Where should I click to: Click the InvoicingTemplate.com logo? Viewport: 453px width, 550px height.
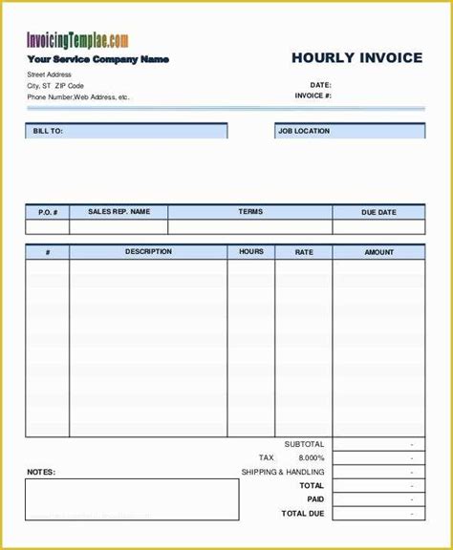[x=76, y=40]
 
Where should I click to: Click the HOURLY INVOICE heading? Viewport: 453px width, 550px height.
[x=356, y=58]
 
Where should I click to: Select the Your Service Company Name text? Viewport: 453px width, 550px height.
[x=97, y=59]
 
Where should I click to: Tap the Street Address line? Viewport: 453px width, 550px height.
[x=50, y=74]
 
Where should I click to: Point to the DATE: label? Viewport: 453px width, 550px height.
[x=320, y=84]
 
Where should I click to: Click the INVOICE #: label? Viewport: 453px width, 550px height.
[x=313, y=95]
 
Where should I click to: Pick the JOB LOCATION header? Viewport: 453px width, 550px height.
[x=304, y=131]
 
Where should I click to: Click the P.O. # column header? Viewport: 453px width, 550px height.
[x=48, y=212]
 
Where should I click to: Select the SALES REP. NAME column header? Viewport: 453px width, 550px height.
[x=119, y=212]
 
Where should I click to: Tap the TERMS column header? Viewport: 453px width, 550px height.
[x=250, y=212]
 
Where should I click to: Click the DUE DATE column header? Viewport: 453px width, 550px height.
[x=378, y=212]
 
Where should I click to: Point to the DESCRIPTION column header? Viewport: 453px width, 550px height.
[x=148, y=252]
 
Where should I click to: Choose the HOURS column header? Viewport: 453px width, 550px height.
[x=251, y=252]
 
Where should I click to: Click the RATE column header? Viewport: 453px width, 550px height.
[x=304, y=252]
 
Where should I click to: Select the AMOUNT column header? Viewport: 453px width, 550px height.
[x=378, y=252]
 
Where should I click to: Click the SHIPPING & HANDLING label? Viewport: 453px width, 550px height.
[x=284, y=472]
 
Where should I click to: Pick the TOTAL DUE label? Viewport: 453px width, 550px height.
[x=302, y=514]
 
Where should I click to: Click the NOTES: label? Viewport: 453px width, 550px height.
[x=41, y=472]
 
